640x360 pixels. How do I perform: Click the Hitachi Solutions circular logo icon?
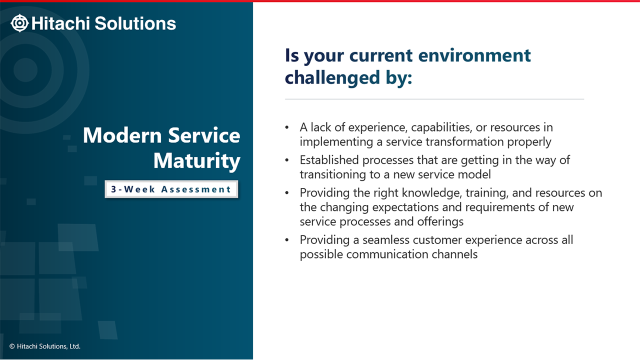[19, 23]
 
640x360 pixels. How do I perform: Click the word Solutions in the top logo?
[135, 23]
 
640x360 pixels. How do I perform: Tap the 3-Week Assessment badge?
[171, 189]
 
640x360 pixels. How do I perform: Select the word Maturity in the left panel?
[197, 161]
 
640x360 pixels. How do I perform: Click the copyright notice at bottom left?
[45, 346]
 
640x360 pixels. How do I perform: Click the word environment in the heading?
[474, 55]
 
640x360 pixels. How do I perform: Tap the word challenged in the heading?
[332, 77]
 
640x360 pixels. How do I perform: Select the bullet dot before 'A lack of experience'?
[287, 127]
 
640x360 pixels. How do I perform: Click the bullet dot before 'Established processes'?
[287, 160]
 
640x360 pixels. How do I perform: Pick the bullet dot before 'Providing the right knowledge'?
[287, 193]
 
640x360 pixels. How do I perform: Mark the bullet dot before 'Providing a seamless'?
[287, 240]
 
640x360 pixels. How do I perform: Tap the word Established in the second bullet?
[329, 160]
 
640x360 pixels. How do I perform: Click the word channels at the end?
[454, 254]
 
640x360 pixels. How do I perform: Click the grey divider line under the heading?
[434, 99]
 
